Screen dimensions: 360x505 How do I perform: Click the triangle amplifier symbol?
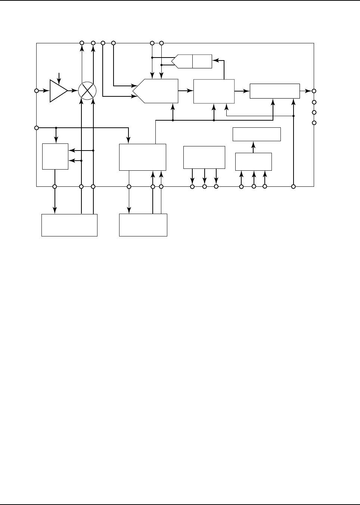tap(58, 91)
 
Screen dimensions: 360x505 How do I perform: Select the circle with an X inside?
tap(87, 91)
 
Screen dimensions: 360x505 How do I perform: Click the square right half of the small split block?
tap(202, 61)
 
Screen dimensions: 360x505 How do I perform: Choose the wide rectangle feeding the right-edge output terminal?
tap(274, 91)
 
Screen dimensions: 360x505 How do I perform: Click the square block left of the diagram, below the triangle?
tap(55, 156)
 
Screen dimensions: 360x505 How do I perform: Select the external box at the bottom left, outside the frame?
tap(69, 225)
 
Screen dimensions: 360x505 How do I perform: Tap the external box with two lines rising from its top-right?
tap(143, 225)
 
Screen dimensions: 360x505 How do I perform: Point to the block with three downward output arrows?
tap(204, 157)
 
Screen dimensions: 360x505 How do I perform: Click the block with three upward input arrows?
tap(253, 161)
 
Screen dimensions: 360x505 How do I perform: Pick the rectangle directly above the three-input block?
tap(257, 134)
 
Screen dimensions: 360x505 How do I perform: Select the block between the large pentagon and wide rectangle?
tap(214, 91)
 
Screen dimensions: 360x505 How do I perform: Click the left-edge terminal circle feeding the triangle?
tap(37, 91)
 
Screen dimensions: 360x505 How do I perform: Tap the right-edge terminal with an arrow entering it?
tap(314, 91)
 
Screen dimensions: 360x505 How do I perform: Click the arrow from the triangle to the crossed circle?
tap(73, 91)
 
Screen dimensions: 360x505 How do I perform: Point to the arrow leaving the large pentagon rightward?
tap(186, 91)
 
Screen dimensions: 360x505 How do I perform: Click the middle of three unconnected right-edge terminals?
tap(314, 112)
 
